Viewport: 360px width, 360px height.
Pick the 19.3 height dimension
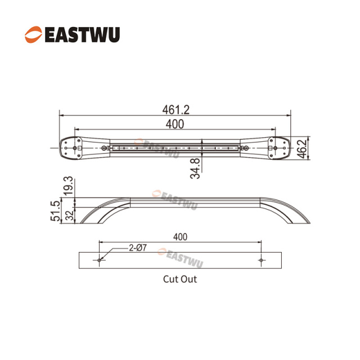(x=67, y=185)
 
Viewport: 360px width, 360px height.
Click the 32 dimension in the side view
(x=67, y=215)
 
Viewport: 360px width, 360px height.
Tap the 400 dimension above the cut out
(x=180, y=237)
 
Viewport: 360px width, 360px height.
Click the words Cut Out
(x=180, y=278)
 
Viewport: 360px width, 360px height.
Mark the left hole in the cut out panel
(x=99, y=260)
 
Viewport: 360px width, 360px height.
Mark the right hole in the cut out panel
(x=261, y=260)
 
